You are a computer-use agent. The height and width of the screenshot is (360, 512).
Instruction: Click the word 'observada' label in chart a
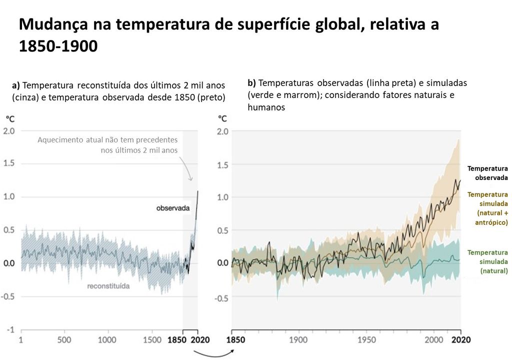coord(173,208)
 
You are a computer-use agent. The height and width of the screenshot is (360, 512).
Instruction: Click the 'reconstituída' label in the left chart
coord(108,286)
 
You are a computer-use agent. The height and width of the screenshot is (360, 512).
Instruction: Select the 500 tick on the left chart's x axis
coord(64,340)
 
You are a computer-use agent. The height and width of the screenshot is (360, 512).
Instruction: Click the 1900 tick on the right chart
coord(299,340)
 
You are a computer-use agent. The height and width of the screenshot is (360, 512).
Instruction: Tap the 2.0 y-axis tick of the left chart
coord(9,131)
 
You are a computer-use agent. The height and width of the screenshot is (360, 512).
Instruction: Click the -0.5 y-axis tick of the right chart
coord(221,298)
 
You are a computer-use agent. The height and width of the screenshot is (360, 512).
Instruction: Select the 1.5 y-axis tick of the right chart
coord(223,164)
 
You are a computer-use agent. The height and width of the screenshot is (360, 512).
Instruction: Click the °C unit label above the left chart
coord(10,119)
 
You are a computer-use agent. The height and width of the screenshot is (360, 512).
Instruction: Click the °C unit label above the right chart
coord(222,119)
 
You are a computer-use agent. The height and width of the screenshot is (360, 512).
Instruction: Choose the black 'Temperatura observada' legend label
coord(487,173)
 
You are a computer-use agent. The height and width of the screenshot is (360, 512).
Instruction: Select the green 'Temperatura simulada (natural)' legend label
coord(487,261)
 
